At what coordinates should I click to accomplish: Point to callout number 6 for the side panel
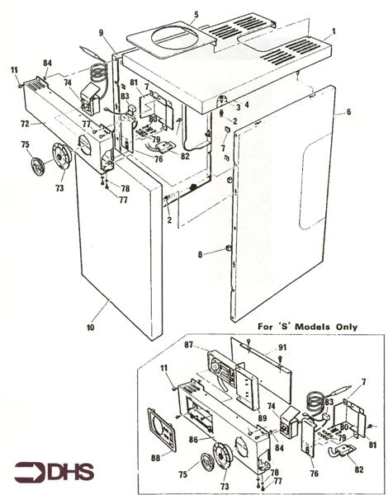(348, 111)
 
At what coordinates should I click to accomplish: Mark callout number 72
(26, 123)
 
